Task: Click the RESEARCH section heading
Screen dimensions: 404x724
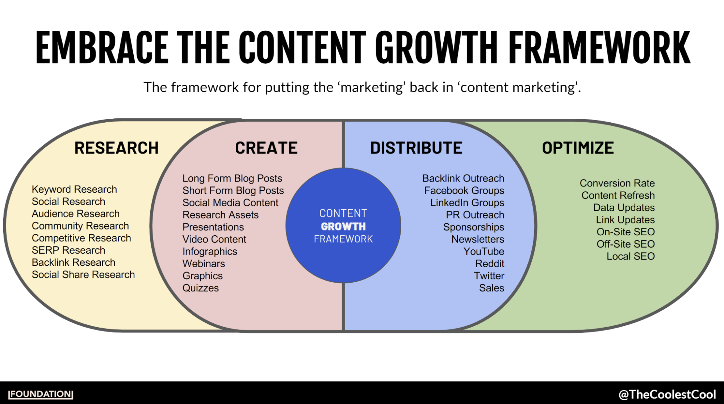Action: [116, 148]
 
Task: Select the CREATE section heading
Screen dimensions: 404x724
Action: [266, 148]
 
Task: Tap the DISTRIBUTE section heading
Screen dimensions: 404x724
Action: [416, 148]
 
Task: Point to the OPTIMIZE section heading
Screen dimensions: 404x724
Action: [578, 148]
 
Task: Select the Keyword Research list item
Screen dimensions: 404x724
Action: [74, 189]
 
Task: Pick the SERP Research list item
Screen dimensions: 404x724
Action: [68, 250]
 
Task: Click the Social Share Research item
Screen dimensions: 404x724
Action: [83, 275]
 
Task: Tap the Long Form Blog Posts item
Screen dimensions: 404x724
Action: [232, 178]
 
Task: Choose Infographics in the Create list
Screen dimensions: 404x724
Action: [210, 252]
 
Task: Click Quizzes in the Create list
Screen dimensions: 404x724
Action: [201, 288]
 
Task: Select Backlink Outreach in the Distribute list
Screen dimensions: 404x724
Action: [463, 178]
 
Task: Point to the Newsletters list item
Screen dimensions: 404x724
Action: [478, 239]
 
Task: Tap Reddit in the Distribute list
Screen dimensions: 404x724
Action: [490, 264]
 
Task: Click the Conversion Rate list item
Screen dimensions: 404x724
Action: [617, 183]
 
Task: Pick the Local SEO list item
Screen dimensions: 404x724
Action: [631, 256]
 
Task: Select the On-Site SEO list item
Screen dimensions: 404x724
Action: [625, 232]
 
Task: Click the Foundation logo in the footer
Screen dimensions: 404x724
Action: [41, 394]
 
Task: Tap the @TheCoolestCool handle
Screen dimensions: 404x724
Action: [667, 394]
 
